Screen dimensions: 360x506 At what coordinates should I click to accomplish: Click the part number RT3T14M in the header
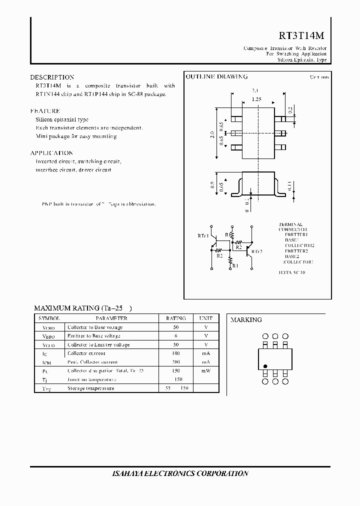pyautogui.click(x=301, y=35)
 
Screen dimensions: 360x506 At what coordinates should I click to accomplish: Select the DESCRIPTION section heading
pyautogui.click(x=52, y=77)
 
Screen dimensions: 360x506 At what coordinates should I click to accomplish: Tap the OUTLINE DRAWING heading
pyautogui.click(x=216, y=77)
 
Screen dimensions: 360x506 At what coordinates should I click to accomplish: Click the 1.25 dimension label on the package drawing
pyautogui.click(x=256, y=99)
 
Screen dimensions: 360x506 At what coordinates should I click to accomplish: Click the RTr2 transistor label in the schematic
pyautogui.click(x=257, y=251)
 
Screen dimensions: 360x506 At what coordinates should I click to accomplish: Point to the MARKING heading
pyautogui.click(x=246, y=319)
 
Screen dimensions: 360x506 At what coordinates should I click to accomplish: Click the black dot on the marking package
pyautogui.click(x=265, y=365)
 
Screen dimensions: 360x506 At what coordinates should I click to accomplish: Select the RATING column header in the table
pyautogui.click(x=175, y=318)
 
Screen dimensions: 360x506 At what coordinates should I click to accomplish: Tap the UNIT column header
pyautogui.click(x=205, y=318)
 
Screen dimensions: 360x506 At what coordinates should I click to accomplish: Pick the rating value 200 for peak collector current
pyautogui.click(x=175, y=361)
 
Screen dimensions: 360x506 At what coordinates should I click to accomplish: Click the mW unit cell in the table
pyautogui.click(x=206, y=370)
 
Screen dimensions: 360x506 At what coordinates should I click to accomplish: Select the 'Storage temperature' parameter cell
pyautogui.click(x=90, y=388)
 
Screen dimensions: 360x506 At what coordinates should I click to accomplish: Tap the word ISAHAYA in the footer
pyautogui.click(x=128, y=473)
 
